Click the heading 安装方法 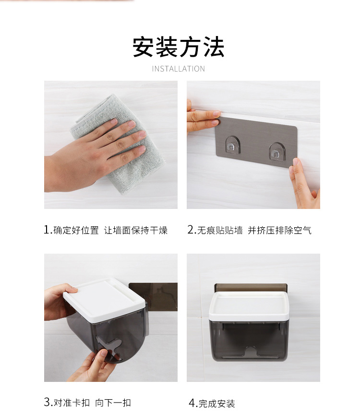(179, 47)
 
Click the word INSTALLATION (179, 69)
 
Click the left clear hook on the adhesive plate (232, 145)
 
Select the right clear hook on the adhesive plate (276, 151)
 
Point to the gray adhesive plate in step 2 (256, 141)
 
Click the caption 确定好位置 (76, 230)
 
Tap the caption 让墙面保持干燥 (136, 230)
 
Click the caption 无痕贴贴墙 (220, 230)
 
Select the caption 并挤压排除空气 (280, 230)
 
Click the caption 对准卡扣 (72, 403)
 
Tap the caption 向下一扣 (113, 403)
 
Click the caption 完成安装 (217, 404)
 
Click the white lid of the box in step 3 (104, 300)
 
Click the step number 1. (47, 230)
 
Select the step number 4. (192, 403)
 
